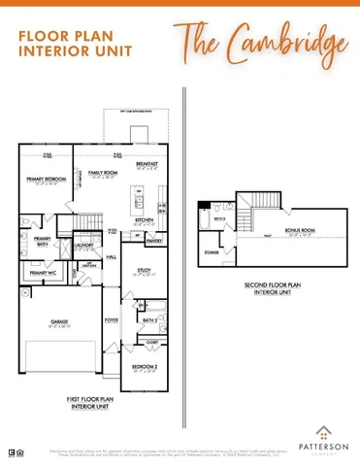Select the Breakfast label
pyautogui.click(x=147, y=164)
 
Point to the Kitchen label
pyautogui.click(x=145, y=219)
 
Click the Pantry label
pyautogui.click(x=153, y=239)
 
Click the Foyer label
pyautogui.click(x=112, y=318)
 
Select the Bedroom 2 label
pyautogui.click(x=144, y=365)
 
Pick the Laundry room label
pyautogui.click(x=83, y=246)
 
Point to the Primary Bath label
pyautogui.click(x=43, y=241)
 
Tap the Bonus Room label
pyautogui.click(x=299, y=229)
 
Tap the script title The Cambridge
pyautogui.click(x=261, y=44)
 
